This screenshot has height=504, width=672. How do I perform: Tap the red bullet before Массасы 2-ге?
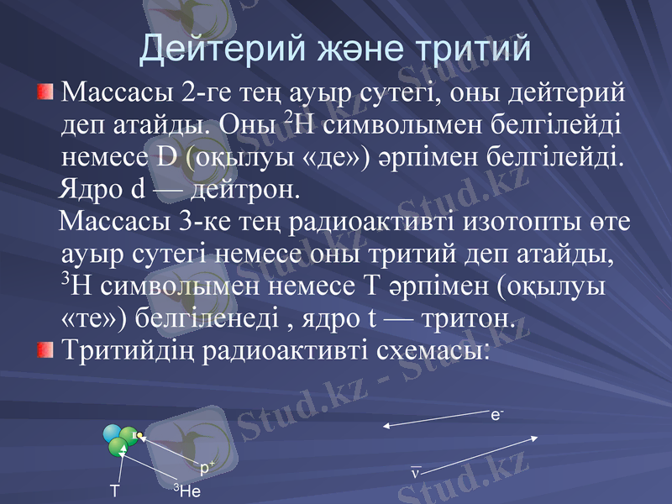tap(45, 90)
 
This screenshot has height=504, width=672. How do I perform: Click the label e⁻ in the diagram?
tap(496, 414)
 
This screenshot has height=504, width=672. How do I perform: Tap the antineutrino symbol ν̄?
tap(415, 473)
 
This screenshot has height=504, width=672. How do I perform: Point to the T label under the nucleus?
tap(114, 491)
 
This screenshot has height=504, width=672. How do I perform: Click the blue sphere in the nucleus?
tap(112, 433)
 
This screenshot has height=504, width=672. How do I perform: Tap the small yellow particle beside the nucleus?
tap(140, 435)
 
